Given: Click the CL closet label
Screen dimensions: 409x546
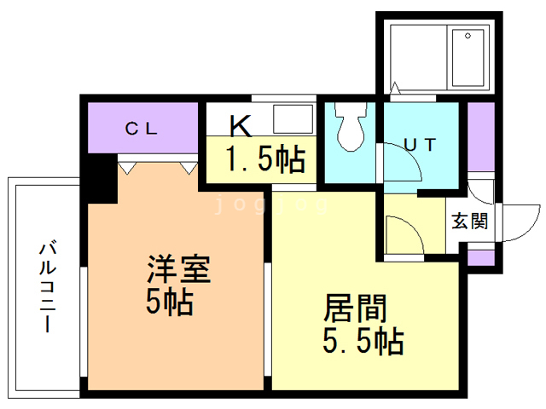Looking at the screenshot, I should click(141, 130).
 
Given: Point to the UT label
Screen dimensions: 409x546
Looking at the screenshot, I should click(420, 145).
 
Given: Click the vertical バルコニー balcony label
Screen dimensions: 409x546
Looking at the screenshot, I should click(46, 288).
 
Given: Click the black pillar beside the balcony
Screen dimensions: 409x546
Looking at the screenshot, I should click(102, 179).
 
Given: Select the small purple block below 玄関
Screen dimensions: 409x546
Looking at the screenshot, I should click(479, 256).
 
